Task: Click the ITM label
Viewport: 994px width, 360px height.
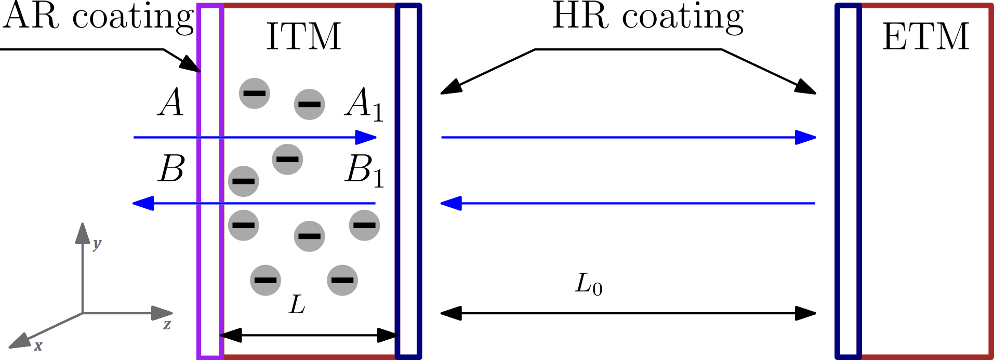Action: [x=303, y=37]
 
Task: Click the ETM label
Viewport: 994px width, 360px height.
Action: [x=925, y=37]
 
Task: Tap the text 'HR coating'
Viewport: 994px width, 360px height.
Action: [x=648, y=17]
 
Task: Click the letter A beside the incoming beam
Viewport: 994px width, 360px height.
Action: [x=171, y=102]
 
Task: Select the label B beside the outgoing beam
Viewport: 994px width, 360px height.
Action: [x=171, y=169]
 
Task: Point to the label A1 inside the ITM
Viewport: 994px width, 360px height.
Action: [x=364, y=104]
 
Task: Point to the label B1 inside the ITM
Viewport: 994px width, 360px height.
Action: [x=364, y=170]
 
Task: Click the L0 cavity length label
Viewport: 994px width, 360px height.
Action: [x=589, y=285]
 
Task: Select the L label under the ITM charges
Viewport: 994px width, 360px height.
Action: [x=297, y=304]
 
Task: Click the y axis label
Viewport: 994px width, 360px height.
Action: [x=97, y=243]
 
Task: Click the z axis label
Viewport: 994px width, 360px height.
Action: [x=167, y=325]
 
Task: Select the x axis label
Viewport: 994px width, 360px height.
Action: [x=38, y=346]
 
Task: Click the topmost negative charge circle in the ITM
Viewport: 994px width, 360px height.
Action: [x=255, y=94]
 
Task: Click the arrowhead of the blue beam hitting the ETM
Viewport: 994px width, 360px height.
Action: [x=806, y=138]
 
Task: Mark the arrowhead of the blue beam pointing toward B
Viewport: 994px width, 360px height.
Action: [x=143, y=203]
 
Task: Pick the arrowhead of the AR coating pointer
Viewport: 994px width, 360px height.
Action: [x=191, y=65]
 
